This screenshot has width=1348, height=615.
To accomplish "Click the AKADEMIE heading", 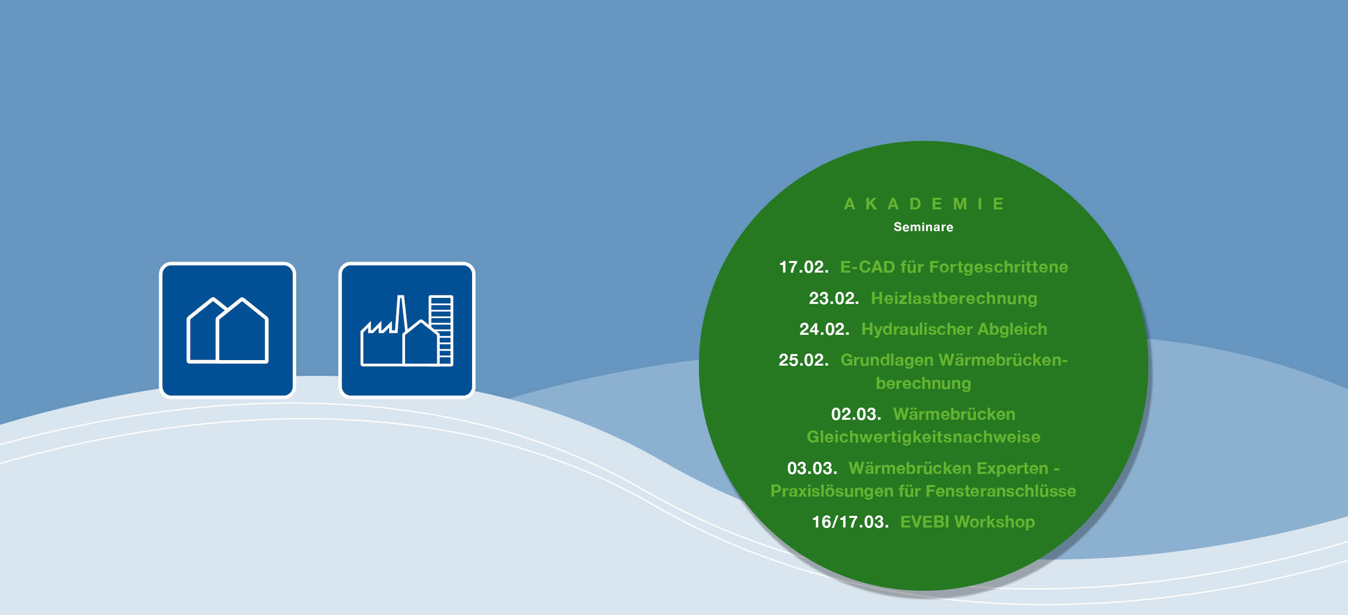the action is point(923,204).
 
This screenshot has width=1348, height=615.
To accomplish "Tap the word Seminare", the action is point(923,227).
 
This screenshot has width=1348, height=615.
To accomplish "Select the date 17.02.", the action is point(803,267).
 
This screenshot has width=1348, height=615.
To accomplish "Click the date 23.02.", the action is point(833,298).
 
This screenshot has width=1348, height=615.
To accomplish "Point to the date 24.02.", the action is point(824,329).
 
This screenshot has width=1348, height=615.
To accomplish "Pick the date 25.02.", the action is point(803,360).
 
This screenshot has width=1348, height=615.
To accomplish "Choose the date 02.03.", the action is point(856,414).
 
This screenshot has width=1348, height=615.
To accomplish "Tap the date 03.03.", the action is point(812,468).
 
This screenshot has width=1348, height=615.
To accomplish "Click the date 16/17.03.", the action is point(850,522).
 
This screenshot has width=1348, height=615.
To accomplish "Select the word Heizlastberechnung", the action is point(954,298).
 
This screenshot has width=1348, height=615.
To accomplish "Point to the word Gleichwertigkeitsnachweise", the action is point(923,437).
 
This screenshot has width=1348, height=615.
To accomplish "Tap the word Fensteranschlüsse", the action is point(1001,491).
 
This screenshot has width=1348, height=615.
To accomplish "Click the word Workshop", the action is point(994,522).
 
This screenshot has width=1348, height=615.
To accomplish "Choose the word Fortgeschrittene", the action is point(998,267).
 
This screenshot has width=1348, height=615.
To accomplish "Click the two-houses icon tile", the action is point(227,330).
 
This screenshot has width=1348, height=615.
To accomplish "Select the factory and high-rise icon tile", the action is point(406,330).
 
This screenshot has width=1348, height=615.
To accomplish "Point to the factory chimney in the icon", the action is point(401,314).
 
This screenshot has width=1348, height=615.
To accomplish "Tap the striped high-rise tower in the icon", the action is point(441,330).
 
